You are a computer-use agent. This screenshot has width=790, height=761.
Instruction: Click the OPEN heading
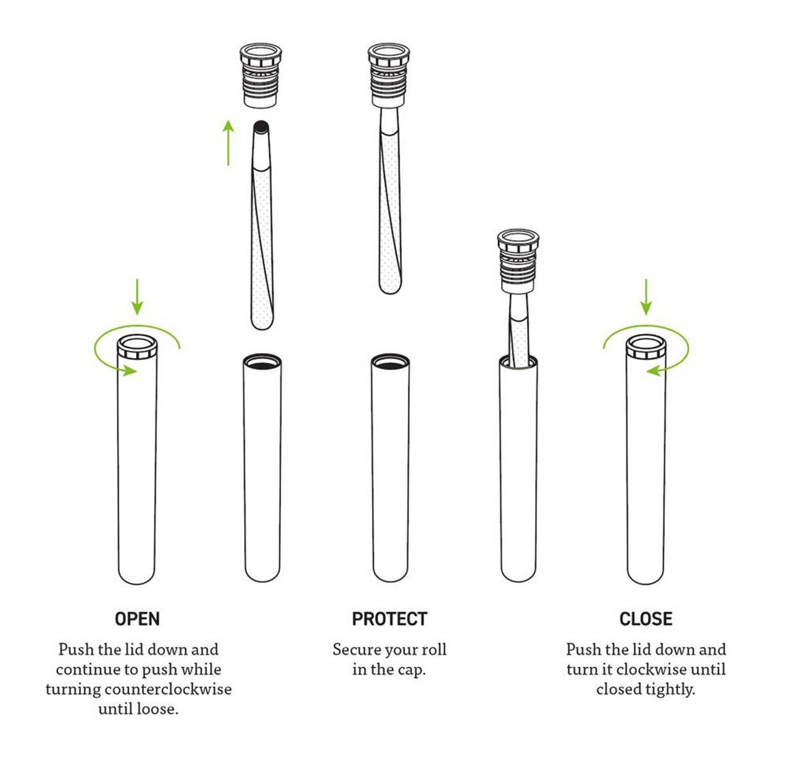click(x=137, y=619)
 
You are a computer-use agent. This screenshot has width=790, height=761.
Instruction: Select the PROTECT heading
click(x=389, y=619)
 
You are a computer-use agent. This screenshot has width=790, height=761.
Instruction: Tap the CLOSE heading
click(x=646, y=619)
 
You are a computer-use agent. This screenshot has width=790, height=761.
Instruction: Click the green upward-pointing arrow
click(x=228, y=143)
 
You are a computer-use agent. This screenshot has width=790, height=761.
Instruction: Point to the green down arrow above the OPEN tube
click(x=137, y=297)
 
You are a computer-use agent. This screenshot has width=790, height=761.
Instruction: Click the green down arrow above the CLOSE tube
click(x=646, y=297)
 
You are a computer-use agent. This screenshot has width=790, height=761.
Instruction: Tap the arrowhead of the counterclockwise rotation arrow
click(x=130, y=370)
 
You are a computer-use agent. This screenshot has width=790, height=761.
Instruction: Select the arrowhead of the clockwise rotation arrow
click(x=653, y=370)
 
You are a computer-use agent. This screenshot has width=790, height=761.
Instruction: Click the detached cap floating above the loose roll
click(x=260, y=75)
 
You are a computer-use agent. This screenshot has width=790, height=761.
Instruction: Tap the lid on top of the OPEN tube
click(x=137, y=347)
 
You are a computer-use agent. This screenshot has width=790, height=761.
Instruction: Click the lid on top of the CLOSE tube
click(x=646, y=347)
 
